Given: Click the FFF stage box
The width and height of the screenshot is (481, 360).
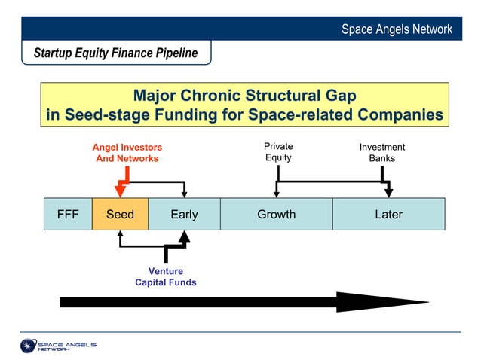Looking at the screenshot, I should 68,215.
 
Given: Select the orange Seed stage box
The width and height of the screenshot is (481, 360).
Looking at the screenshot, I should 120,215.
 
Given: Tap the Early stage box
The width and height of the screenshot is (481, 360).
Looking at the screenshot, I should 184,215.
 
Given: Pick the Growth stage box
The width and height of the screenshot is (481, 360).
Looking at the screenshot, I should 276,215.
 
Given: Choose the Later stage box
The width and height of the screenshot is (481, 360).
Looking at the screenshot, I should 388,215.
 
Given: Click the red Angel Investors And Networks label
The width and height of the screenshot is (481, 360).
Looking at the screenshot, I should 127,153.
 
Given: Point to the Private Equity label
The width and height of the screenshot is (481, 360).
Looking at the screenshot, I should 278,152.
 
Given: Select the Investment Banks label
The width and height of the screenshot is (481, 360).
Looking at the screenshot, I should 381,153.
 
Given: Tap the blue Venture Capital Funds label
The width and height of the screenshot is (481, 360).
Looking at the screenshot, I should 165,277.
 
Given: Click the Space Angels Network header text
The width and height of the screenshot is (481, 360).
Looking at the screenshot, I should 397,29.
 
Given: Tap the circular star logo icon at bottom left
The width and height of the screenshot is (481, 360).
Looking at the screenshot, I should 29,346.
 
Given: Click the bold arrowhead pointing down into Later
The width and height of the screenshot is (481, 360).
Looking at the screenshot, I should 388,193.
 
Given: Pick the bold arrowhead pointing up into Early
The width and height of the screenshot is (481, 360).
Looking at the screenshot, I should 184,236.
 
